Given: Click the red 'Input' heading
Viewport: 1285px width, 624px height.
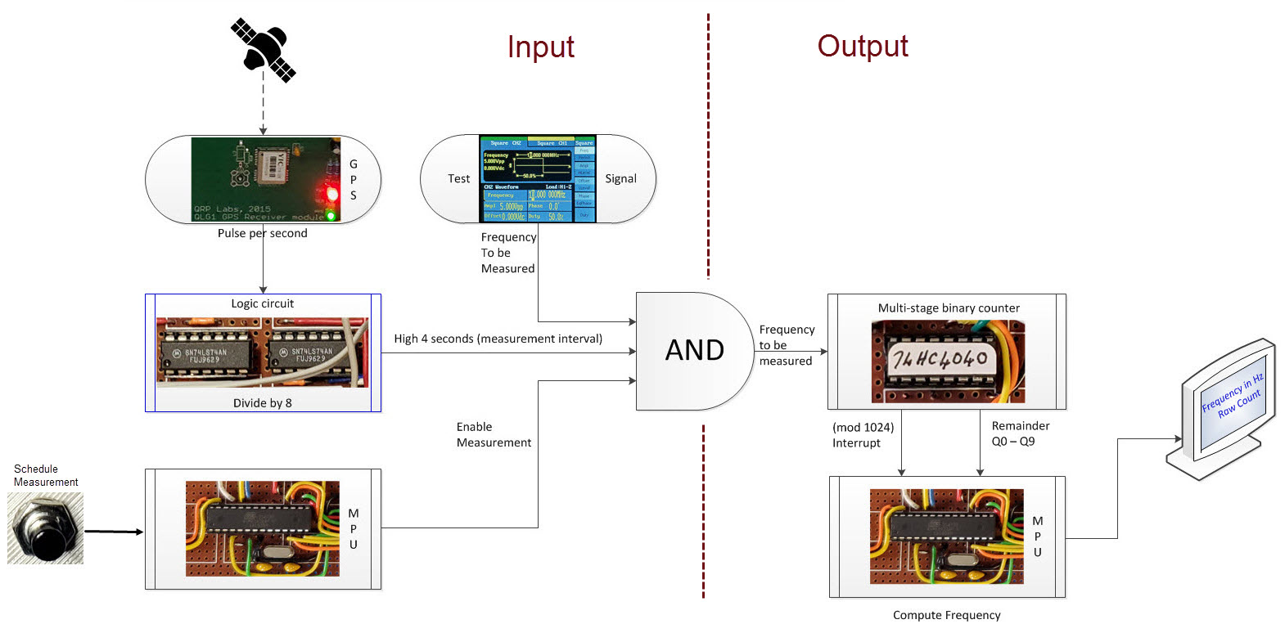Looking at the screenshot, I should pyautogui.click(x=540, y=47).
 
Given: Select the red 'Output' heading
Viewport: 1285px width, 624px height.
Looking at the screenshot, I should pyautogui.click(x=862, y=47).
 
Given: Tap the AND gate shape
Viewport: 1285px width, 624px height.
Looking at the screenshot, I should pyautogui.click(x=694, y=351).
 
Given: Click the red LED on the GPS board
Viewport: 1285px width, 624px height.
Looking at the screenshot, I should pyautogui.click(x=331, y=195).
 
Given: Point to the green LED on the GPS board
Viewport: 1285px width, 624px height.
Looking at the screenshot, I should pyautogui.click(x=331, y=216).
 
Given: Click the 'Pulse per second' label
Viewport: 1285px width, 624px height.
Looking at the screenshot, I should pyautogui.click(x=262, y=234).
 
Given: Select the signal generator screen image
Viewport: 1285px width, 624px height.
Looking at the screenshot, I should pyautogui.click(x=538, y=179).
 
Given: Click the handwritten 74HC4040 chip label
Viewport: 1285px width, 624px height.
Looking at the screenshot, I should pyautogui.click(x=941, y=359).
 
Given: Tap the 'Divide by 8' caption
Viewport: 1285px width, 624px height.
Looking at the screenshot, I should pyautogui.click(x=262, y=403).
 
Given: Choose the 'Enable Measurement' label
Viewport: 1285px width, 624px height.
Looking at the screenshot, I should pyautogui.click(x=494, y=435).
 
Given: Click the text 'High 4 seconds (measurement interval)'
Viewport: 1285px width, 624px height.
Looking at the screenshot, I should pyautogui.click(x=498, y=339).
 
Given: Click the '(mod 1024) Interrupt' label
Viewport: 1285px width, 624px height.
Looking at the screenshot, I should pyautogui.click(x=862, y=435).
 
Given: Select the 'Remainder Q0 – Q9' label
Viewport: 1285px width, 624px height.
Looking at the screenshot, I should pyautogui.click(x=1020, y=433).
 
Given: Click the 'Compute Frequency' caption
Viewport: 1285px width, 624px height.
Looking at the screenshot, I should pyautogui.click(x=946, y=615).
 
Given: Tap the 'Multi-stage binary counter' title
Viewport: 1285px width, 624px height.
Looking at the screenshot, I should pyautogui.click(x=949, y=308).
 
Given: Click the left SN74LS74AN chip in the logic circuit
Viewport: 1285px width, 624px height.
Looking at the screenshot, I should pyautogui.click(x=205, y=355).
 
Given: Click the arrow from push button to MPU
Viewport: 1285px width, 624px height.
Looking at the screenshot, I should pyautogui.click(x=114, y=532).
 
